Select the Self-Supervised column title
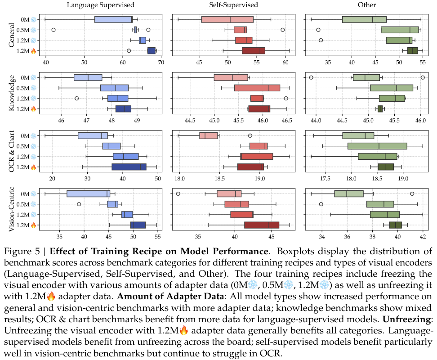click(x=233, y=5)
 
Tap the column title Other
click(x=367, y=5)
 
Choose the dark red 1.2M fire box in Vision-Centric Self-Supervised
click(x=261, y=225)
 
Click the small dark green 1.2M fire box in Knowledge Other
click(x=380, y=108)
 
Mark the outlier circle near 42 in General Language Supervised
click(x=54, y=30)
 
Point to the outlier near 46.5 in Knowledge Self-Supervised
click(x=286, y=98)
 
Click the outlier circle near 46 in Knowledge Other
click(x=423, y=77)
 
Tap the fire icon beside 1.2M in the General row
click(x=33, y=51)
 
